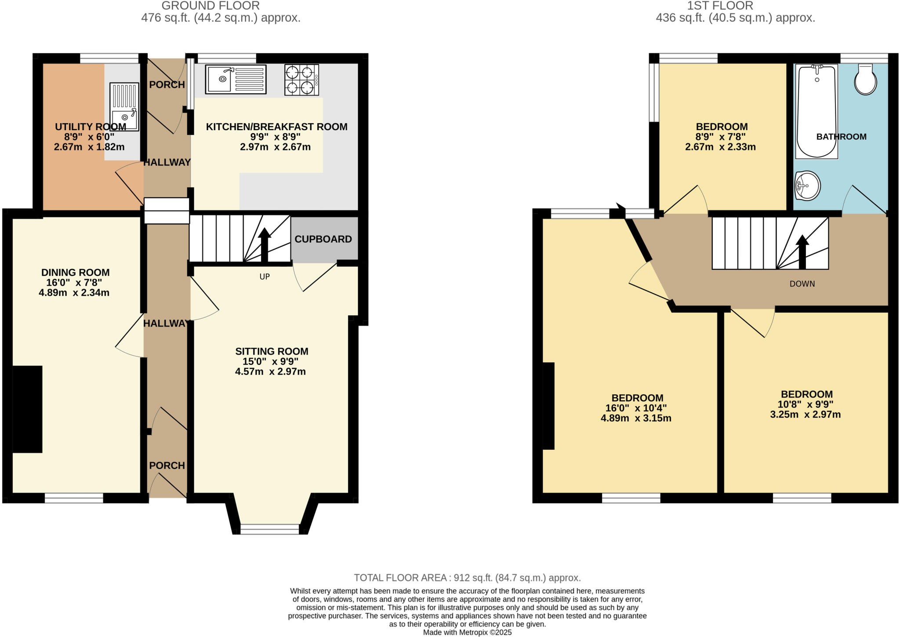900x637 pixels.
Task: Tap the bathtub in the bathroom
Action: pos(817,112)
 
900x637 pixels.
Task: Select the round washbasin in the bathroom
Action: pos(807,186)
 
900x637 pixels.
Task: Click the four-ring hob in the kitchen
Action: pos(301,80)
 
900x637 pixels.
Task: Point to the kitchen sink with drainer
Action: pos(236,80)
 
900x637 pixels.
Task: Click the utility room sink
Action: pos(124,107)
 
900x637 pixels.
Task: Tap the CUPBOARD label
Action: pos(323,239)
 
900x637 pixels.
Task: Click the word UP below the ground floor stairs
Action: pos(265,277)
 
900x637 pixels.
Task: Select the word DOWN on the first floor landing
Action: pos(802,284)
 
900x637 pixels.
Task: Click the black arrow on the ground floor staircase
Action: pos(264,244)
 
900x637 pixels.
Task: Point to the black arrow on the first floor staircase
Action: pos(802,251)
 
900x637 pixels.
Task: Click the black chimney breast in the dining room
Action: pos(27,409)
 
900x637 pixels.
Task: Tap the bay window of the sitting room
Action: pos(269,529)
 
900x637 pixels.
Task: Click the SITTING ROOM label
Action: pos(272,351)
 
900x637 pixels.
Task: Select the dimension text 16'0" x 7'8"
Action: pos(74,283)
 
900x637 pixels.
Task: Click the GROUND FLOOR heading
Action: pos(210,6)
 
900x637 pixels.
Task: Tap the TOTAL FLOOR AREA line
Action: pos(467,578)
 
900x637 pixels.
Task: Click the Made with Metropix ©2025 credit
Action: pos(467,633)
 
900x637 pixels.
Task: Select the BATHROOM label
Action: pos(841,137)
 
